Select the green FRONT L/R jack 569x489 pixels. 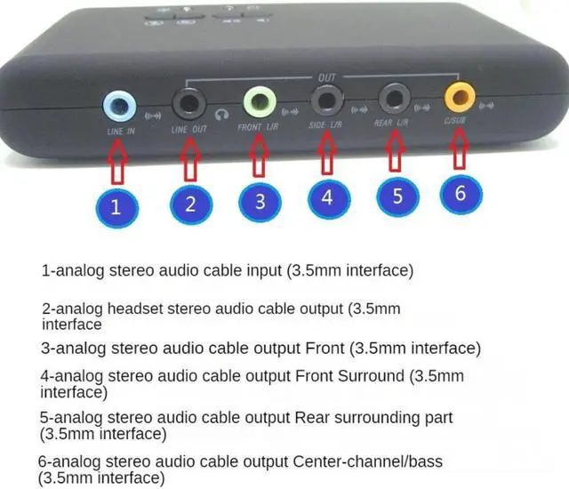(258, 101)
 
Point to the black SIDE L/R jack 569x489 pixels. (324, 98)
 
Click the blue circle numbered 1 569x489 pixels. (116, 207)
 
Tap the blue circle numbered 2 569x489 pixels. (189, 203)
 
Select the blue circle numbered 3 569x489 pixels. (259, 200)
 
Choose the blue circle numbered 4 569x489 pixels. (327, 196)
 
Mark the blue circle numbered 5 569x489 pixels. (397, 196)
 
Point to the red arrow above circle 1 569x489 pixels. (118, 159)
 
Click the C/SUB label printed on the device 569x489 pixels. (455, 121)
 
